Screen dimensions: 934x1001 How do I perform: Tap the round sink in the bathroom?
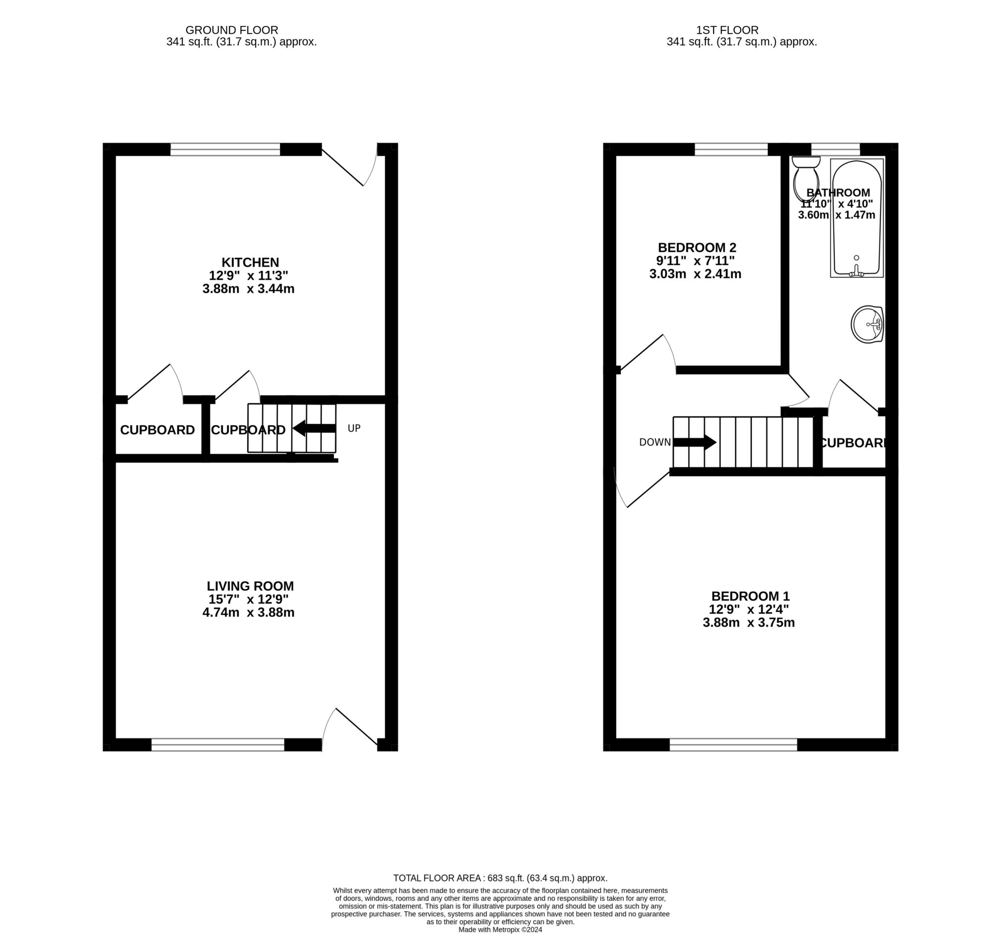coord(867,324)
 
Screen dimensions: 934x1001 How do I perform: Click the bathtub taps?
coord(856,272)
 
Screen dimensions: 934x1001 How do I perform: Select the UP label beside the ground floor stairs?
coord(354,428)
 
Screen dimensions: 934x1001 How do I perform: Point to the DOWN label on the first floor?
coord(654,443)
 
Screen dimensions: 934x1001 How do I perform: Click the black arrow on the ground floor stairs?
coord(315,429)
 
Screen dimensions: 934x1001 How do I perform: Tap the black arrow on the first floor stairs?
coord(695,443)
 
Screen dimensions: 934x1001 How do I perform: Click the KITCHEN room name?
coord(250,263)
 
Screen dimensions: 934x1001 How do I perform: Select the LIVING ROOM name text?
coord(250,586)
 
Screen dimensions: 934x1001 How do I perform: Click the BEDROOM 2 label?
coord(697,248)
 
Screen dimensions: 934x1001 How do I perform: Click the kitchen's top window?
coord(225,149)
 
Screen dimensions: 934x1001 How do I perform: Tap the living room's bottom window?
coord(218,745)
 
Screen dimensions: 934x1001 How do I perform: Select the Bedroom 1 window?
coord(733,745)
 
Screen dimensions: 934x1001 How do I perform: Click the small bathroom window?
coord(835,149)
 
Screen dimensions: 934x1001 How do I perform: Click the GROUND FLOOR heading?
coord(232,30)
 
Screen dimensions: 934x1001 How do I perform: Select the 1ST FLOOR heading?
coord(727,30)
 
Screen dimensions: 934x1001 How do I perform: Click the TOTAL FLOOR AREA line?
coord(500,878)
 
